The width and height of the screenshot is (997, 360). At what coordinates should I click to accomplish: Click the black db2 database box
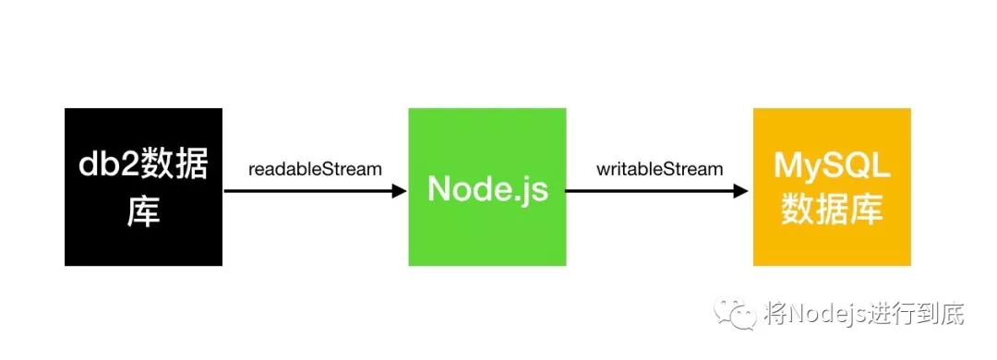[143, 186]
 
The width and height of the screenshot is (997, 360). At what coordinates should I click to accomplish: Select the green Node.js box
[486, 186]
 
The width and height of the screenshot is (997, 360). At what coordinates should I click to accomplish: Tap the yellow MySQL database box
[832, 186]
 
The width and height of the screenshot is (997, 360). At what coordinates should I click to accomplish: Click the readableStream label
[315, 170]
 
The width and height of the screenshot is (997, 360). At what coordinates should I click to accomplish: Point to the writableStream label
[659, 170]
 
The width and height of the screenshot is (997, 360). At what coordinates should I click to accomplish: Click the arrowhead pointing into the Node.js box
[400, 191]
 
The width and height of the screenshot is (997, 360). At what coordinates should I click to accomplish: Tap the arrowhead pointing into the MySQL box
[741, 191]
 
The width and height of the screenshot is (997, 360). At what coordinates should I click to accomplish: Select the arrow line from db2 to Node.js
[305, 191]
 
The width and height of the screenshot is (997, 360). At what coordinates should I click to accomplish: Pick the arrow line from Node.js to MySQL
[646, 191]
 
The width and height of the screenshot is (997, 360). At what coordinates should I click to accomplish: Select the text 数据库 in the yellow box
[832, 210]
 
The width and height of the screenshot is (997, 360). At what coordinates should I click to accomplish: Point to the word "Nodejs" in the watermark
[830, 314]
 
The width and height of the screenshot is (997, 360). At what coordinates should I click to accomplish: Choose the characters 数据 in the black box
[175, 166]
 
